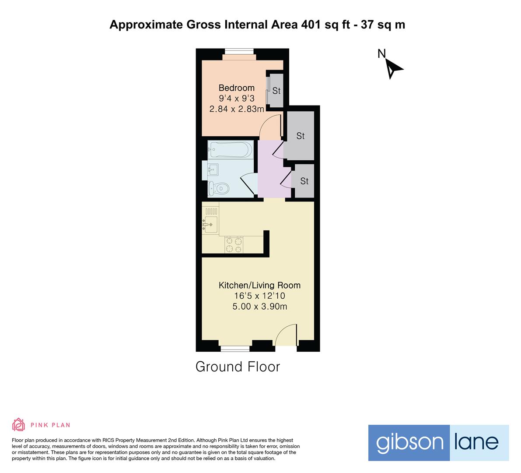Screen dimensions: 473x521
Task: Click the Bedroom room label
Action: tap(236, 88)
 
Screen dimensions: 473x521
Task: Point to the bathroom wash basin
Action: tap(213, 169)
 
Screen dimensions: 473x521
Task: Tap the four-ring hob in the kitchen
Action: tap(234, 245)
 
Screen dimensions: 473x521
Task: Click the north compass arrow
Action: tap(393, 68)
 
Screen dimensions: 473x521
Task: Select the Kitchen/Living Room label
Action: tap(259, 286)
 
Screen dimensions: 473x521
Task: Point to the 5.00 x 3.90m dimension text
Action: tap(259, 307)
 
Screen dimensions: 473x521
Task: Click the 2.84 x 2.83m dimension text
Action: tap(236, 109)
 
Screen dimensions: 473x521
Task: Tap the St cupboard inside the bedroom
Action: tap(276, 91)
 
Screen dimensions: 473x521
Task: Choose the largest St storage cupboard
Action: tap(300, 136)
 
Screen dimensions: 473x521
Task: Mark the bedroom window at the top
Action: tap(239, 51)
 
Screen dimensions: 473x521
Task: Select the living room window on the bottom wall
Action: tap(235, 349)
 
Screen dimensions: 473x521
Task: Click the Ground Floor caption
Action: tap(238, 367)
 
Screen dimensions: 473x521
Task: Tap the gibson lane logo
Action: tap(438, 442)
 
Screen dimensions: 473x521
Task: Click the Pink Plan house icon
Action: tap(18, 424)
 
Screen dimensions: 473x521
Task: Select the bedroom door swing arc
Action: tap(270, 126)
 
